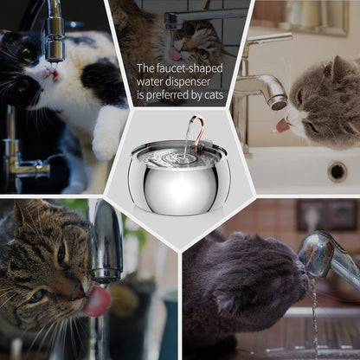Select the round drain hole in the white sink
337,170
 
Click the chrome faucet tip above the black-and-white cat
54,48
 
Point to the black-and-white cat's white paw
110,138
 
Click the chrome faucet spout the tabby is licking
106,251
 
